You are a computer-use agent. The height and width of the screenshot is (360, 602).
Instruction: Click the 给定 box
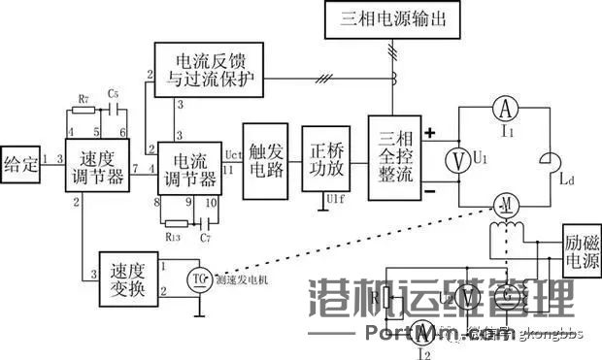(x=20, y=162)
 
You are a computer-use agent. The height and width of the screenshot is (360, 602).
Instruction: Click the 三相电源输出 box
(x=398, y=20)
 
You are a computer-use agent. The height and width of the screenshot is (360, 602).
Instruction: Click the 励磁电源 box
(x=581, y=250)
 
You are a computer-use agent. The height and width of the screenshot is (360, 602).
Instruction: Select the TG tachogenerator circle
(x=198, y=278)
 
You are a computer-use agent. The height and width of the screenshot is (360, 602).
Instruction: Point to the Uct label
(x=232, y=153)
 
